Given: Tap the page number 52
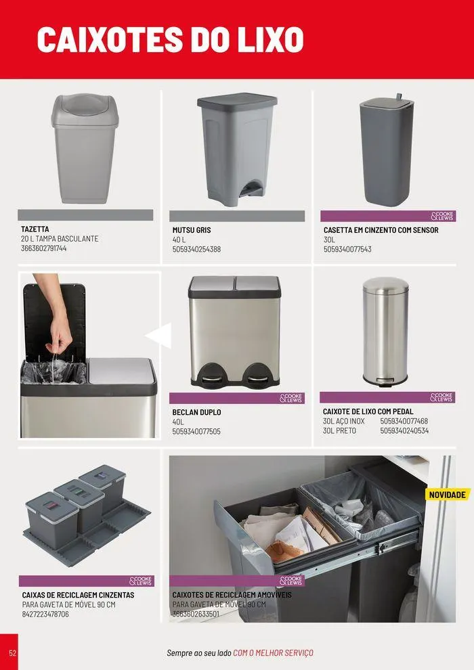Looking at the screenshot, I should tap(12, 652).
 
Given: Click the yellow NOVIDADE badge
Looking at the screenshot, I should tap(448, 495).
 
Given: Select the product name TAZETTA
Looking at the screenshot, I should tap(35, 229).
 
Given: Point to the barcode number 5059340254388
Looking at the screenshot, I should tap(196, 249).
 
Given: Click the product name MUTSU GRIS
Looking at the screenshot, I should tap(192, 230).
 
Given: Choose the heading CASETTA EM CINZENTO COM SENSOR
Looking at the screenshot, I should tap(381, 230).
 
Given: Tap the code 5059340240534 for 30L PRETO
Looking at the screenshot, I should tap(404, 430).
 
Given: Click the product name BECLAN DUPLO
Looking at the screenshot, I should tap(196, 412).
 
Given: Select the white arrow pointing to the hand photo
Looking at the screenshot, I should tap(160, 334).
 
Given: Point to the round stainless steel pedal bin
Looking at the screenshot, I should tap(385, 332).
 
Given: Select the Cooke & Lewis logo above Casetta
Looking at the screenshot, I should tap(442, 216).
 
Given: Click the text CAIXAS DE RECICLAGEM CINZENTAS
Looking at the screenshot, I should tap(78, 595).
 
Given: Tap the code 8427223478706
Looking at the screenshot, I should tap(45, 614).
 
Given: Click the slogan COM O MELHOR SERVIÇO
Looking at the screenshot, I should tap(273, 653).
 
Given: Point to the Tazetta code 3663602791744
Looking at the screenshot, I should tap(44, 248).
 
